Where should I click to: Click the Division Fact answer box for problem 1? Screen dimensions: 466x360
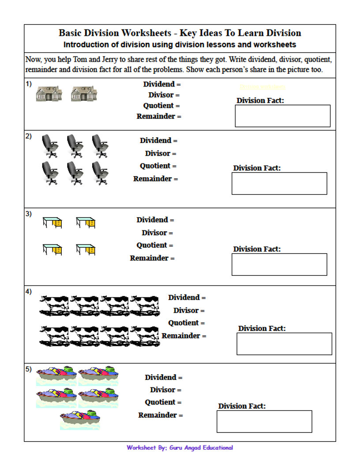(x=282, y=116)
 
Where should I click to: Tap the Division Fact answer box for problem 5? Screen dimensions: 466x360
(x=264, y=421)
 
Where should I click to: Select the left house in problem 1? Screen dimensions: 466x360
(x=49, y=93)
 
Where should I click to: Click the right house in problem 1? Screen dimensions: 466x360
(x=84, y=93)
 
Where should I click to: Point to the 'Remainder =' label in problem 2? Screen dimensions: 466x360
(x=156, y=179)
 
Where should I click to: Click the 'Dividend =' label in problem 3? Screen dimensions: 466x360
(x=155, y=220)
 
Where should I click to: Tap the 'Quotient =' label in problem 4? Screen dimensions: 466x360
(x=186, y=323)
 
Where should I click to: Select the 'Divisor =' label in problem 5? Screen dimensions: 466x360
(x=165, y=390)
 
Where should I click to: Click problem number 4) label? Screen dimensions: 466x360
(x=28, y=292)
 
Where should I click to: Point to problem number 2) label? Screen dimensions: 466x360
(x=28, y=136)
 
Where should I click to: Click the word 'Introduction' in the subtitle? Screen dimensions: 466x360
(x=86, y=45)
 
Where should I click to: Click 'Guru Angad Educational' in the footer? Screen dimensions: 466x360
(x=201, y=447)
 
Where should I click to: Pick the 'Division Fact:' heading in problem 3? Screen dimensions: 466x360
(x=257, y=249)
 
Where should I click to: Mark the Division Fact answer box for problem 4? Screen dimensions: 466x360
(x=284, y=344)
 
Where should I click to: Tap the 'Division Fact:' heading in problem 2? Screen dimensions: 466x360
(x=257, y=168)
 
